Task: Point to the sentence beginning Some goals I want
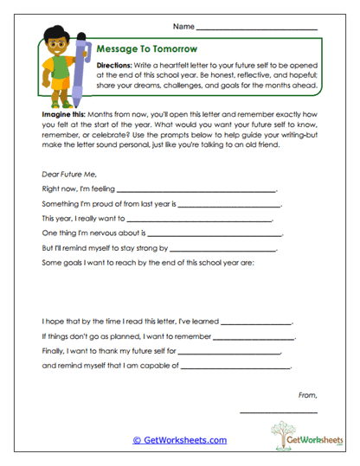[147, 263]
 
